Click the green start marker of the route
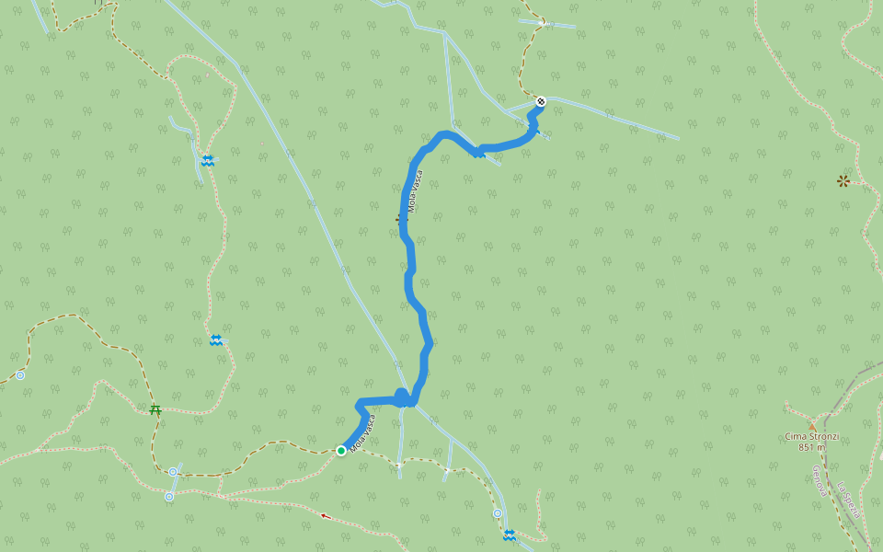coord(341,450)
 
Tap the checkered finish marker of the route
coord(540,102)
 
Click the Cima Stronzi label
coord(811,436)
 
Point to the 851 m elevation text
coord(811,447)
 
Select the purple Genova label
coord(818,480)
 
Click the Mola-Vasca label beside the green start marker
coord(362,433)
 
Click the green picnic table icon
coord(155,409)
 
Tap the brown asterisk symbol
coord(843,181)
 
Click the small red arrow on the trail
coord(325,516)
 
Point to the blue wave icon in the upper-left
coord(209,161)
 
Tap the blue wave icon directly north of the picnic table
coord(215,340)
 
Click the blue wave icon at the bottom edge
coord(509,535)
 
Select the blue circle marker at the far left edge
coord(20,375)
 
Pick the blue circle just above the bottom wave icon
coord(498,513)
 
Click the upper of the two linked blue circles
coord(173,472)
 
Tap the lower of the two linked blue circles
coord(168,497)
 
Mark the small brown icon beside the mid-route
coord(398,219)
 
